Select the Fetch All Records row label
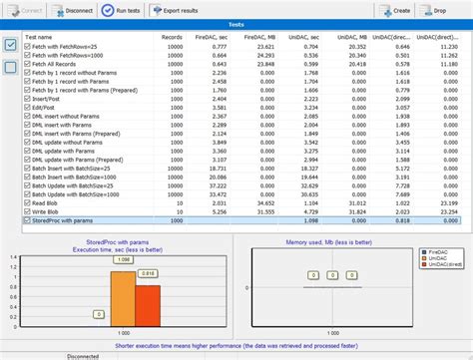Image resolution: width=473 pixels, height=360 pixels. (x=60, y=64)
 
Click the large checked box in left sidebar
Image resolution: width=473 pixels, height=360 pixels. (x=10, y=44)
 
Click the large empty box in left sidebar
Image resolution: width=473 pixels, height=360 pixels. (x=10, y=67)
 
